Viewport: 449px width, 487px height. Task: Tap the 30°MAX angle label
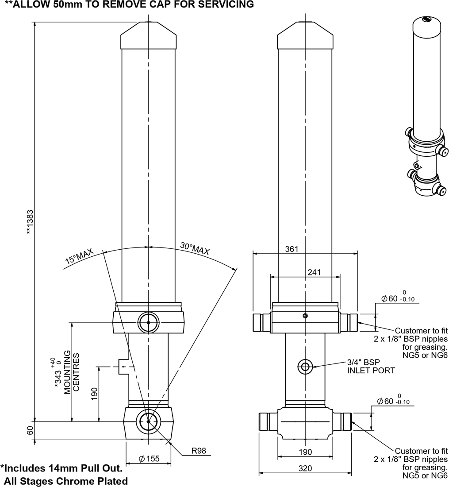195,248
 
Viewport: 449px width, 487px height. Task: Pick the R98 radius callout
199,452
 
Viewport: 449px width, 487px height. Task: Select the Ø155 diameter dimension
149,459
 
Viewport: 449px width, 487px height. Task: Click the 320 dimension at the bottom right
305,468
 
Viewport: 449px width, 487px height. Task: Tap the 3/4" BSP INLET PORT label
371,366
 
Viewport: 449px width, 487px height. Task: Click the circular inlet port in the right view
305,366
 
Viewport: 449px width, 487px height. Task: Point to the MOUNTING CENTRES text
72,371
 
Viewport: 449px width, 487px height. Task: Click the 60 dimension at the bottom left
30,430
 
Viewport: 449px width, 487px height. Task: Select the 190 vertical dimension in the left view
94,394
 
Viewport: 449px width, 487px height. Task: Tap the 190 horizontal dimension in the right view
305,452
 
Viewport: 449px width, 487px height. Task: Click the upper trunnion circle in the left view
148,323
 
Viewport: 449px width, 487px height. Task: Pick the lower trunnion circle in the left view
148,421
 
